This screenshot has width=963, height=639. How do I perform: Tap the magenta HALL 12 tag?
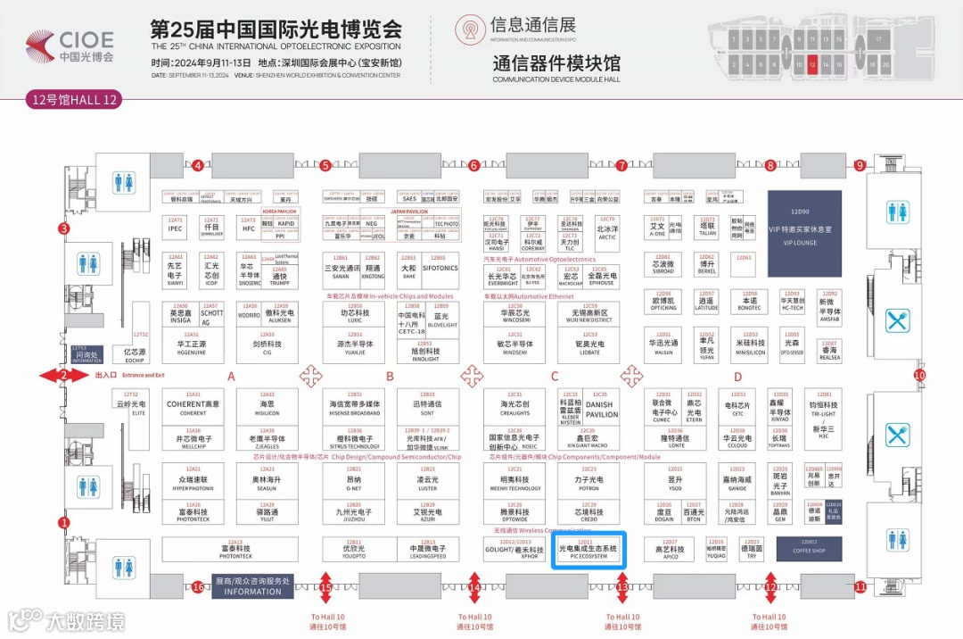pyautogui.click(x=73, y=99)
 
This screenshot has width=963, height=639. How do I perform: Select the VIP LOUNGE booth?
pyautogui.click(x=805, y=232)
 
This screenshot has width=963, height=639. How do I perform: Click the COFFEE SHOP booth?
pyautogui.click(x=810, y=547)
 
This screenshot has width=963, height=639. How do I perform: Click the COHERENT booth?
pyautogui.click(x=193, y=407)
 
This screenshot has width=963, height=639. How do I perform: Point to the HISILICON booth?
pyautogui.click(x=267, y=407)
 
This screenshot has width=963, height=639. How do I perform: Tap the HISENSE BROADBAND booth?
pyautogui.click(x=354, y=407)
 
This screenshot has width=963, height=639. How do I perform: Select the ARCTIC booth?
pyautogui.click(x=607, y=232)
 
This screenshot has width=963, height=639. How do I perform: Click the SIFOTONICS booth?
pyautogui.click(x=440, y=267)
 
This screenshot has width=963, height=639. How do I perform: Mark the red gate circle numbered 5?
pyautogui.click(x=325, y=165)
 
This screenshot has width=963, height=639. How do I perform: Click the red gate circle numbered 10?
pyautogui.click(x=919, y=376)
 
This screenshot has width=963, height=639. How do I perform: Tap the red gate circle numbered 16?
pyautogui.click(x=198, y=586)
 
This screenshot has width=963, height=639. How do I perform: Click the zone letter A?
pyautogui.click(x=231, y=377)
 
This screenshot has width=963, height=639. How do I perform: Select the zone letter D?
pyautogui.click(x=738, y=377)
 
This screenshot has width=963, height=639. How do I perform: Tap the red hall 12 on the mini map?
pyautogui.click(x=812, y=64)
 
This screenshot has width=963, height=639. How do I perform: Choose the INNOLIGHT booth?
pyautogui.click(x=426, y=354)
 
